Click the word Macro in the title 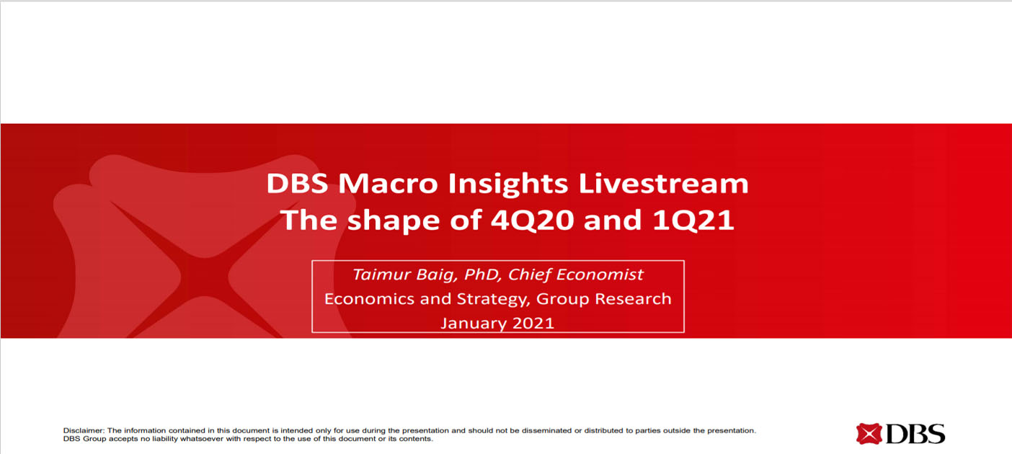pyautogui.click(x=388, y=184)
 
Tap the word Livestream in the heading pyautogui.click(x=663, y=184)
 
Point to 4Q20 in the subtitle pyautogui.click(x=532, y=221)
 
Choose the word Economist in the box pyautogui.click(x=600, y=275)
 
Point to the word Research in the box pyautogui.click(x=633, y=298)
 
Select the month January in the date pyautogui.click(x=473, y=324)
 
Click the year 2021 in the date pyautogui.click(x=533, y=323)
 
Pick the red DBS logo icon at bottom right pyautogui.click(x=869, y=434)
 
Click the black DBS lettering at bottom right pyautogui.click(x=915, y=434)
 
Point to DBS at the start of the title pyautogui.click(x=297, y=184)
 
